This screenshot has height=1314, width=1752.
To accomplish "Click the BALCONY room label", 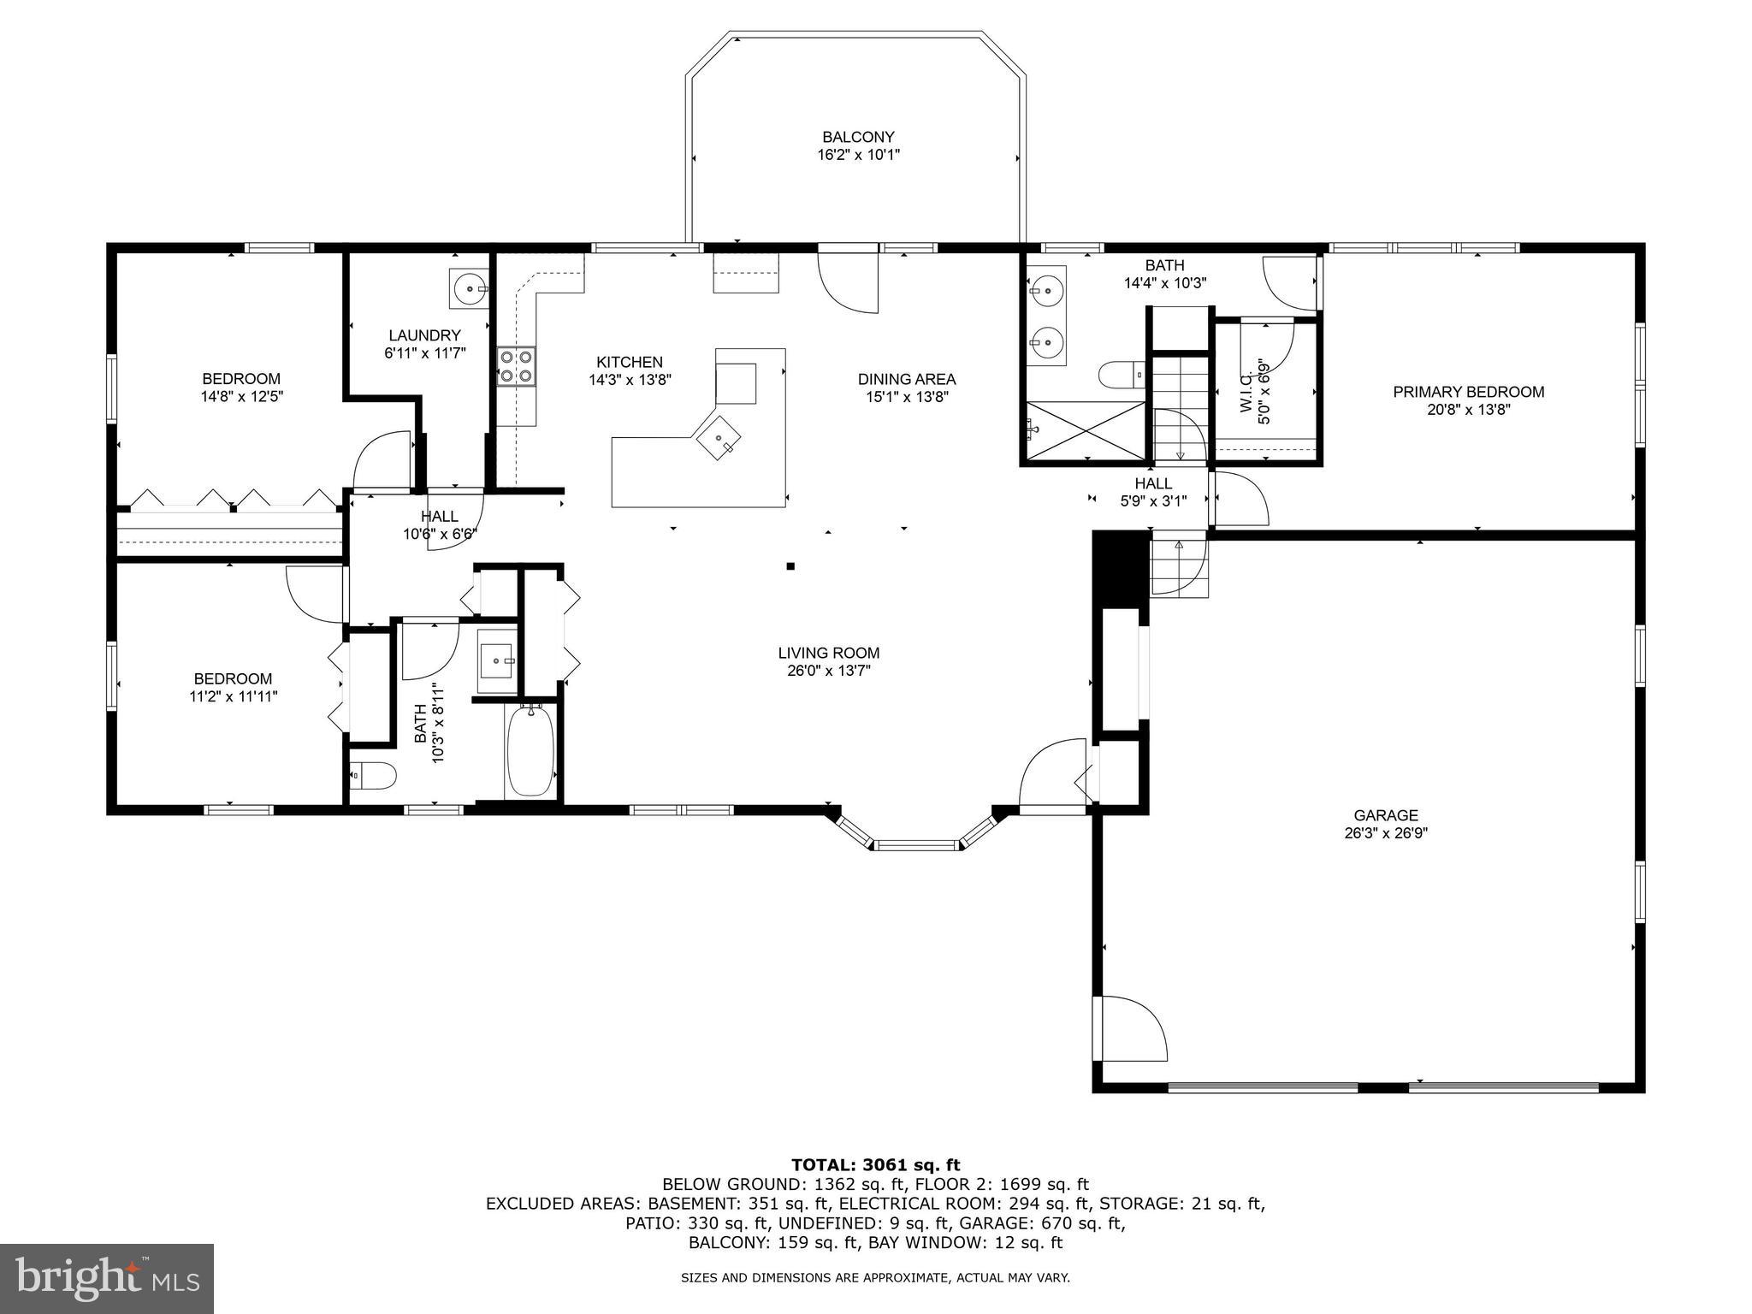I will [x=858, y=137].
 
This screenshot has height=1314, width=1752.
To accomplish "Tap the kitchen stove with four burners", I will [x=517, y=366].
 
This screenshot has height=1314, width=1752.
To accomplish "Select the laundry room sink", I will [x=470, y=289].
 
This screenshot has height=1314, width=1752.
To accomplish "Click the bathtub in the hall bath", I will [x=530, y=752].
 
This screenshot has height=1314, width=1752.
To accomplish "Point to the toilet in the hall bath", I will [x=373, y=776].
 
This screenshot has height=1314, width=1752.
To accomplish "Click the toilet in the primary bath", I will [x=1122, y=374].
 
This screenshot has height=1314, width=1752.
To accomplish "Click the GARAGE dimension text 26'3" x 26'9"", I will [x=1386, y=833].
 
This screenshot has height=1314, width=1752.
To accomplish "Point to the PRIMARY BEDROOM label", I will [x=1468, y=392].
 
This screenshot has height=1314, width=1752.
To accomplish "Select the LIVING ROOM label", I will [x=828, y=653].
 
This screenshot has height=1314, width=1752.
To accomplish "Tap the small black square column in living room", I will [x=790, y=565].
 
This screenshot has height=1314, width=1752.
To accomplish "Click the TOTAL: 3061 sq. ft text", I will [x=875, y=1164].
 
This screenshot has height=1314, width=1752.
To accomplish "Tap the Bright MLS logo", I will [x=107, y=1278].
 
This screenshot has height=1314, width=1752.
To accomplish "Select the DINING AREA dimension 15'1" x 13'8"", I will [x=907, y=397].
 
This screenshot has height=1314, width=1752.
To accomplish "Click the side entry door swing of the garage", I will [x=1131, y=1029].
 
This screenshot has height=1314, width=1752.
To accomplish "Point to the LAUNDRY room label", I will [x=424, y=335].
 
